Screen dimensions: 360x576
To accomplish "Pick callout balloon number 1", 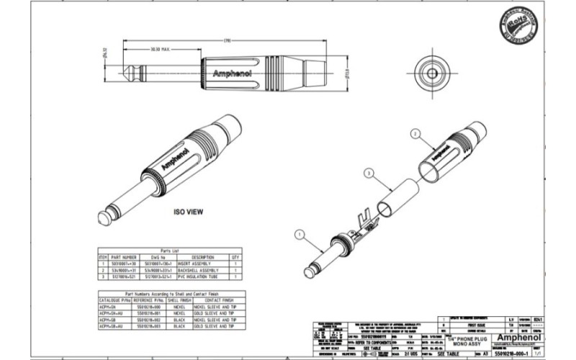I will pyautogui.click(x=299, y=233).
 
